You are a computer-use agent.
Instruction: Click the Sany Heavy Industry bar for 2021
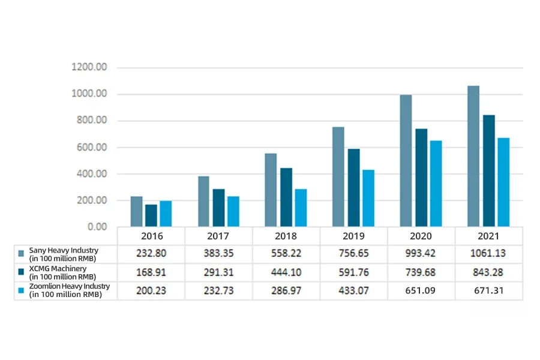tap(473, 156)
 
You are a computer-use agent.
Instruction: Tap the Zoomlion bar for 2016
tap(166, 214)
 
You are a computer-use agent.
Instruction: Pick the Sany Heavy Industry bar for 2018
tap(271, 190)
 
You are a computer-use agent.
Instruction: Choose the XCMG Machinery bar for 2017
tap(218, 208)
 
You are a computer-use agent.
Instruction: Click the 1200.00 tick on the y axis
tap(89, 67)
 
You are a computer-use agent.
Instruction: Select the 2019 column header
tap(354, 236)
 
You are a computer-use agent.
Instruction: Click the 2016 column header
tap(151, 236)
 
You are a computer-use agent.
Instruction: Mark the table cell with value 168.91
tap(151, 272)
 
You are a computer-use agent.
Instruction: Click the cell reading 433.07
tap(354, 291)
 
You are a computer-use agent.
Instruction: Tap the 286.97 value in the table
tap(286, 291)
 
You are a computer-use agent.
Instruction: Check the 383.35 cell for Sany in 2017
tap(218, 254)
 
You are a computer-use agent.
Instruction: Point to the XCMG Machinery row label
tap(62, 272)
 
